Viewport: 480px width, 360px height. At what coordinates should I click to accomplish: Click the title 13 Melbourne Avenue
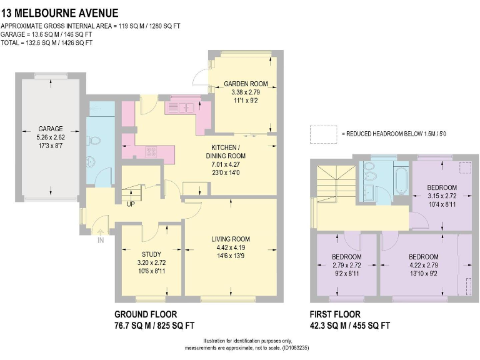click(x=60, y=13)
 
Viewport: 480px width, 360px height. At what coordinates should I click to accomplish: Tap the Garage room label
click(x=50, y=129)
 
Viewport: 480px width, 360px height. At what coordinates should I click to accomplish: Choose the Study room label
click(x=152, y=254)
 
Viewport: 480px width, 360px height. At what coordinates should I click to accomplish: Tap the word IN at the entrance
click(x=101, y=239)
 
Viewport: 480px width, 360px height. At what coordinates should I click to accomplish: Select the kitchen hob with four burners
click(x=151, y=151)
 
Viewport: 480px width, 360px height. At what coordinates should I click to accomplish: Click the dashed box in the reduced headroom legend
click(x=323, y=134)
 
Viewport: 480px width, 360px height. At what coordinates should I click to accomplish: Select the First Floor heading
click(x=335, y=314)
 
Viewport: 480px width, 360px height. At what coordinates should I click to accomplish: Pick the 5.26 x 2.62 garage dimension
click(x=50, y=137)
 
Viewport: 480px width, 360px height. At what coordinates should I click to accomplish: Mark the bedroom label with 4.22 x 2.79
click(x=423, y=257)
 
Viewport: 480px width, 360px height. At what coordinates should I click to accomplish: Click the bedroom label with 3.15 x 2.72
click(x=441, y=187)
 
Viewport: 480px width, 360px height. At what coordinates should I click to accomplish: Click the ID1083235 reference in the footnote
click(x=293, y=347)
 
